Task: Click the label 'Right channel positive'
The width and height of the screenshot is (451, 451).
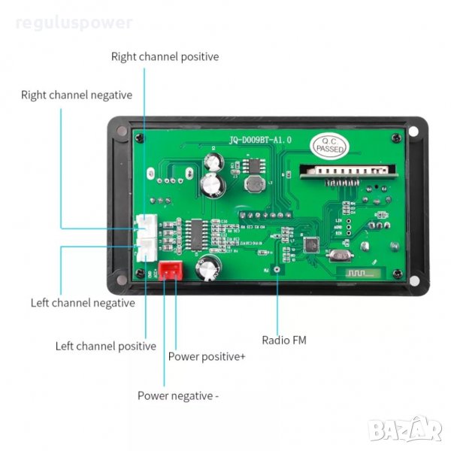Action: [165, 56]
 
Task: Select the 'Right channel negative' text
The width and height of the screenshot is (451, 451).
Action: [77, 95]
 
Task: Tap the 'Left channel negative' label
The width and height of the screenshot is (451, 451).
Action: [83, 303]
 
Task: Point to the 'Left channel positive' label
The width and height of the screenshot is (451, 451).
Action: [106, 346]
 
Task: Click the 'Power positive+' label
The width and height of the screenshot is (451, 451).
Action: [207, 356]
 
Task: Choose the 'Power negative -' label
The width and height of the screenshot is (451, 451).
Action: [177, 395]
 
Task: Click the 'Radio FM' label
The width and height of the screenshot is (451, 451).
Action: [283, 340]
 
